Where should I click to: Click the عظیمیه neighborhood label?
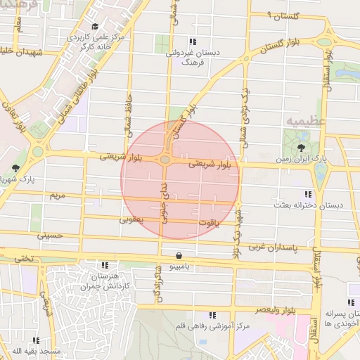pos(306,121)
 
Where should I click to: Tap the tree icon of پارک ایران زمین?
pos(302,148)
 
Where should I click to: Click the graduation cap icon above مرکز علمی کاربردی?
pos(95,26)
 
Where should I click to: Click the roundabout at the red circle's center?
pos(165,160)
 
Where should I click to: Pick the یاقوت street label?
pos(205,222)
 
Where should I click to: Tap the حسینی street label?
pos(51,236)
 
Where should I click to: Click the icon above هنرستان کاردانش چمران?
pos(105,266)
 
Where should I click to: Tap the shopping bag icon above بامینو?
pos(180,255)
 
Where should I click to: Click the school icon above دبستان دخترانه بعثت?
pos(307,193)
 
